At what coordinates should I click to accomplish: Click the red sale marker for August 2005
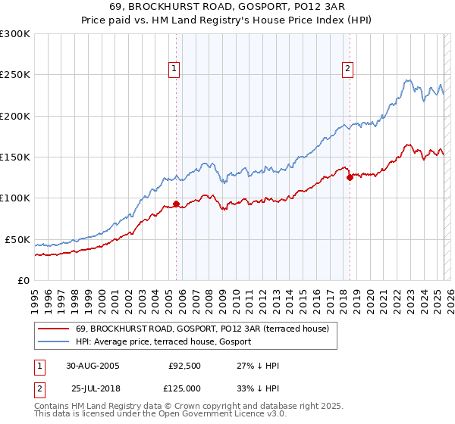tap(176, 204)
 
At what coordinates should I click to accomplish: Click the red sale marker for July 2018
tap(350, 178)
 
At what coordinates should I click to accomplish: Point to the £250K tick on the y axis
tap(15, 75)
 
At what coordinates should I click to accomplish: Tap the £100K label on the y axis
tap(15, 198)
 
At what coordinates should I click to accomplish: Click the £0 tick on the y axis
tap(23, 280)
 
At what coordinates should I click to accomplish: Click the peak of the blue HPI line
tap(408, 79)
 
